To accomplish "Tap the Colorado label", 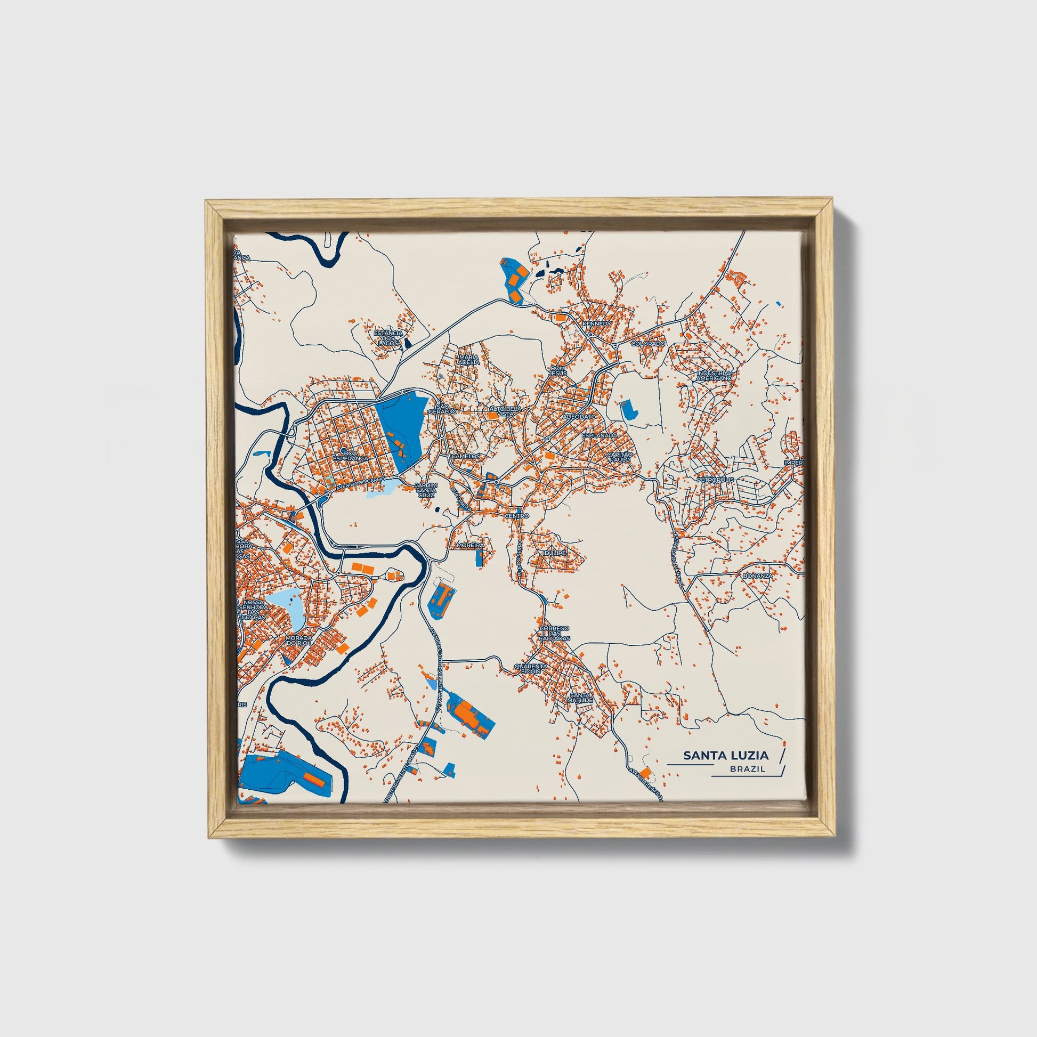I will click(648, 344).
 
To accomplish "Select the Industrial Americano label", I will click(714, 375).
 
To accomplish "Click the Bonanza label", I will click(757, 576).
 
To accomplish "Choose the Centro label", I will click(517, 515).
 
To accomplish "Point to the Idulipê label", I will click(554, 552).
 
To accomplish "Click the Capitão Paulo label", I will click(620, 457).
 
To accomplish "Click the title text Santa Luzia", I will click(726, 756).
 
